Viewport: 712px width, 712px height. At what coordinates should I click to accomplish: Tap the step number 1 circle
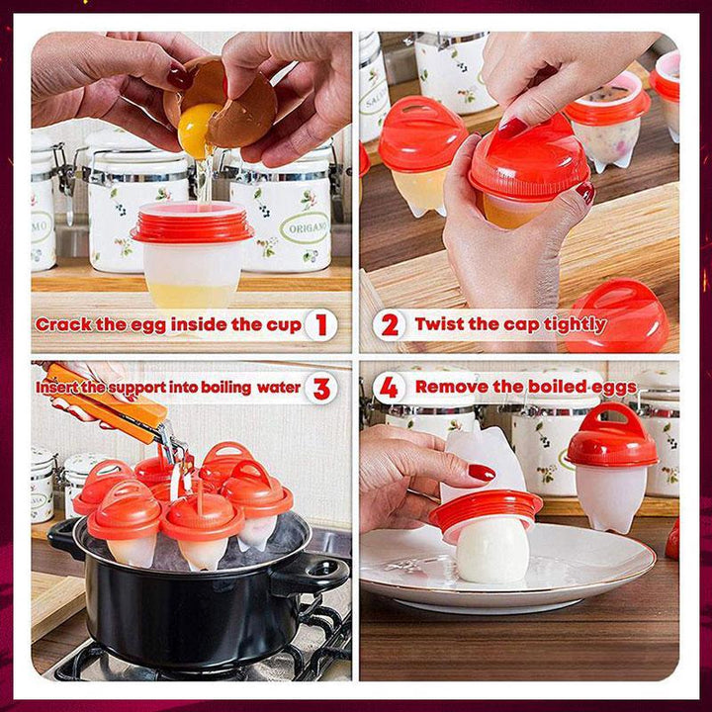(x=321, y=325)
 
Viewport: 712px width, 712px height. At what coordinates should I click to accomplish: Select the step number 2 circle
(x=390, y=325)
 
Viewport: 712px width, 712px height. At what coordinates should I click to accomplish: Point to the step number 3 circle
(x=321, y=389)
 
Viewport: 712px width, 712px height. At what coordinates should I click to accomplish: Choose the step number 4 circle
(x=390, y=388)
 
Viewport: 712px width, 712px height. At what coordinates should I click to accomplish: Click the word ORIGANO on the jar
(x=305, y=227)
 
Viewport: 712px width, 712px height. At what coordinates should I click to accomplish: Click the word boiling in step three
(x=225, y=388)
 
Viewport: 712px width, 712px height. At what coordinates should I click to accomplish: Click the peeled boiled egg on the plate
(x=493, y=550)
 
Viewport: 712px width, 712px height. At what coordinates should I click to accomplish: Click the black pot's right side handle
(x=313, y=574)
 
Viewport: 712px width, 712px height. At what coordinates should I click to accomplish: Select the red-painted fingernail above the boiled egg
(x=482, y=473)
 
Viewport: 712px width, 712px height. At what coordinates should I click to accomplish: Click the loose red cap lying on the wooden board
(x=617, y=314)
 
